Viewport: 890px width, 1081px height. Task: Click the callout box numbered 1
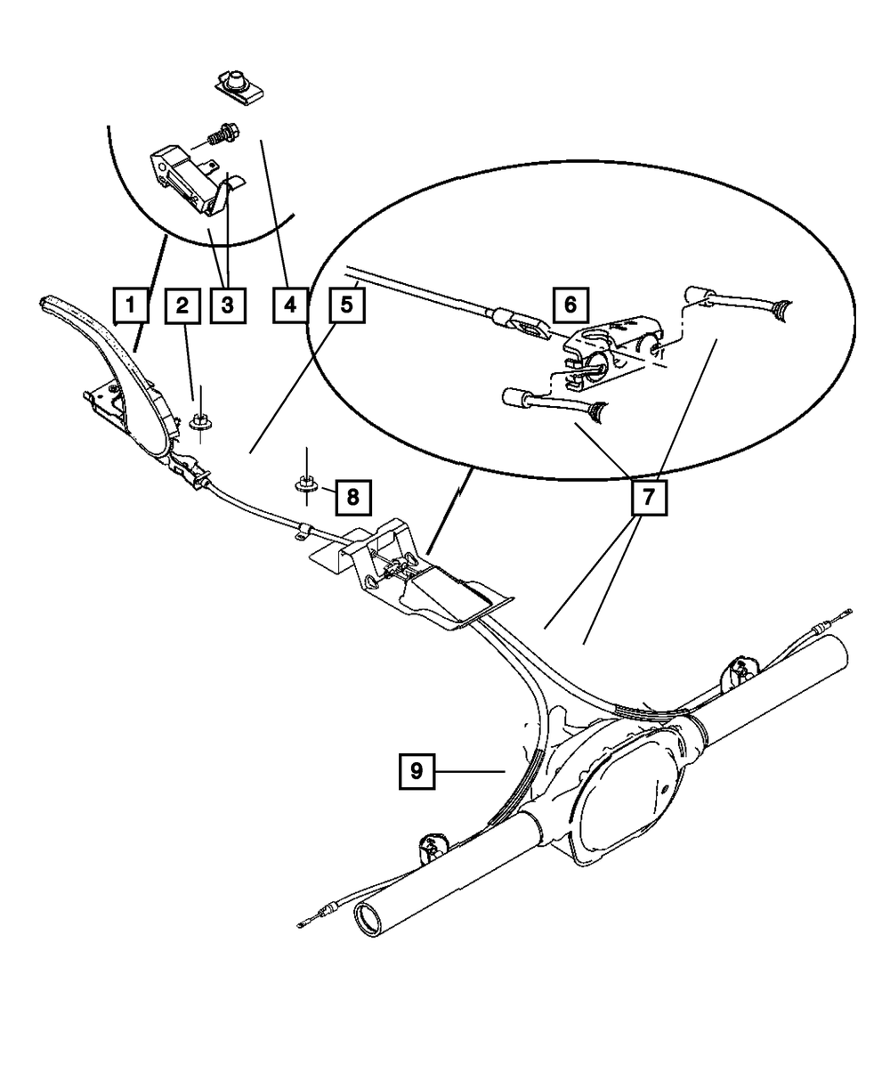click(130, 306)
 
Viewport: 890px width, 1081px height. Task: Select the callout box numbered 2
click(182, 306)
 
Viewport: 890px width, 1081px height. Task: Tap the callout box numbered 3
click(227, 306)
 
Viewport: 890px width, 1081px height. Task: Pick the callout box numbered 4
click(289, 306)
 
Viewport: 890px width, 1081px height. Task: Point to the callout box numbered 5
click(345, 306)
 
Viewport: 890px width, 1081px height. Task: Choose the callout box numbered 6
click(570, 305)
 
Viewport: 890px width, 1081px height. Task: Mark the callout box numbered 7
click(648, 499)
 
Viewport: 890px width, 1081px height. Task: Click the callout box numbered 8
click(352, 496)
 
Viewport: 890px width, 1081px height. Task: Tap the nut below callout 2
click(200, 421)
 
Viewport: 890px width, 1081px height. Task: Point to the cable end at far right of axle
click(848, 612)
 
